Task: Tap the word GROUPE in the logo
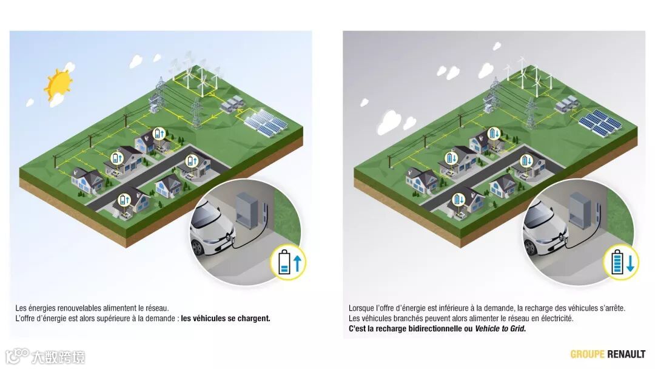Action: (x=587, y=354)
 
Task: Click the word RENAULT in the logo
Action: (x=626, y=354)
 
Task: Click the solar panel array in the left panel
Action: (x=266, y=124)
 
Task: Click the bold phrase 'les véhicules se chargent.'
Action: (x=226, y=318)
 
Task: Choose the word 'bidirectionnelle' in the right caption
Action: (x=435, y=328)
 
